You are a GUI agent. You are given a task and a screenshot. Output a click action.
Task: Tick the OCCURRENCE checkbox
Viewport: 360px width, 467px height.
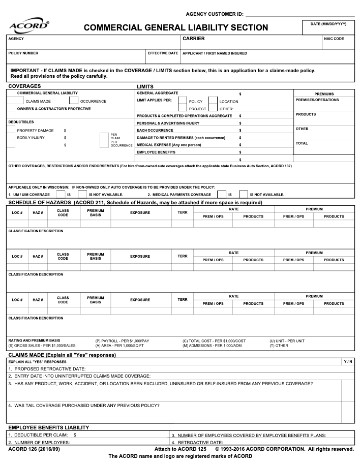74,101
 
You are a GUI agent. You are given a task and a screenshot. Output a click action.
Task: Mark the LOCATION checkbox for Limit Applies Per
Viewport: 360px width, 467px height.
213,101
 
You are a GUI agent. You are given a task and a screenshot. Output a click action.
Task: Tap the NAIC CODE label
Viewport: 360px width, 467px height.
334,39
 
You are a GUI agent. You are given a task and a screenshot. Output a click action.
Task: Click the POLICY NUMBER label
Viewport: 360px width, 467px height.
23,53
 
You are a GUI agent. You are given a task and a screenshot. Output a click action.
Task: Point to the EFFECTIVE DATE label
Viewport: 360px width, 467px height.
163,53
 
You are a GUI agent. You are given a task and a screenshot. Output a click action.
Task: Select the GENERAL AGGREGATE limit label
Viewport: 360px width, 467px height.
158,93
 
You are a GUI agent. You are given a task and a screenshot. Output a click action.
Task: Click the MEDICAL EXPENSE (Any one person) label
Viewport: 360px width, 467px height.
168,144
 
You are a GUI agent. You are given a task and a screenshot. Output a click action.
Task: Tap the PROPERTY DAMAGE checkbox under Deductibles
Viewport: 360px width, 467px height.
11,130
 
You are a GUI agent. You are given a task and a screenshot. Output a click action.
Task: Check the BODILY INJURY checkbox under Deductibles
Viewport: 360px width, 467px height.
11,137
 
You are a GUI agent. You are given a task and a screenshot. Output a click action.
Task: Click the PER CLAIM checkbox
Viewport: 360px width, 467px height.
104,136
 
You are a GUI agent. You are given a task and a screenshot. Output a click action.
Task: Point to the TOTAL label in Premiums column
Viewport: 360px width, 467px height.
302,143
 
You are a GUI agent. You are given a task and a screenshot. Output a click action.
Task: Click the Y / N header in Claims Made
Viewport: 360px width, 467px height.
348,361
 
